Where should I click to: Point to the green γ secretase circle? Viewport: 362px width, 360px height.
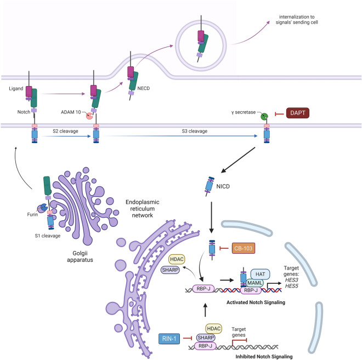click(264, 117)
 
